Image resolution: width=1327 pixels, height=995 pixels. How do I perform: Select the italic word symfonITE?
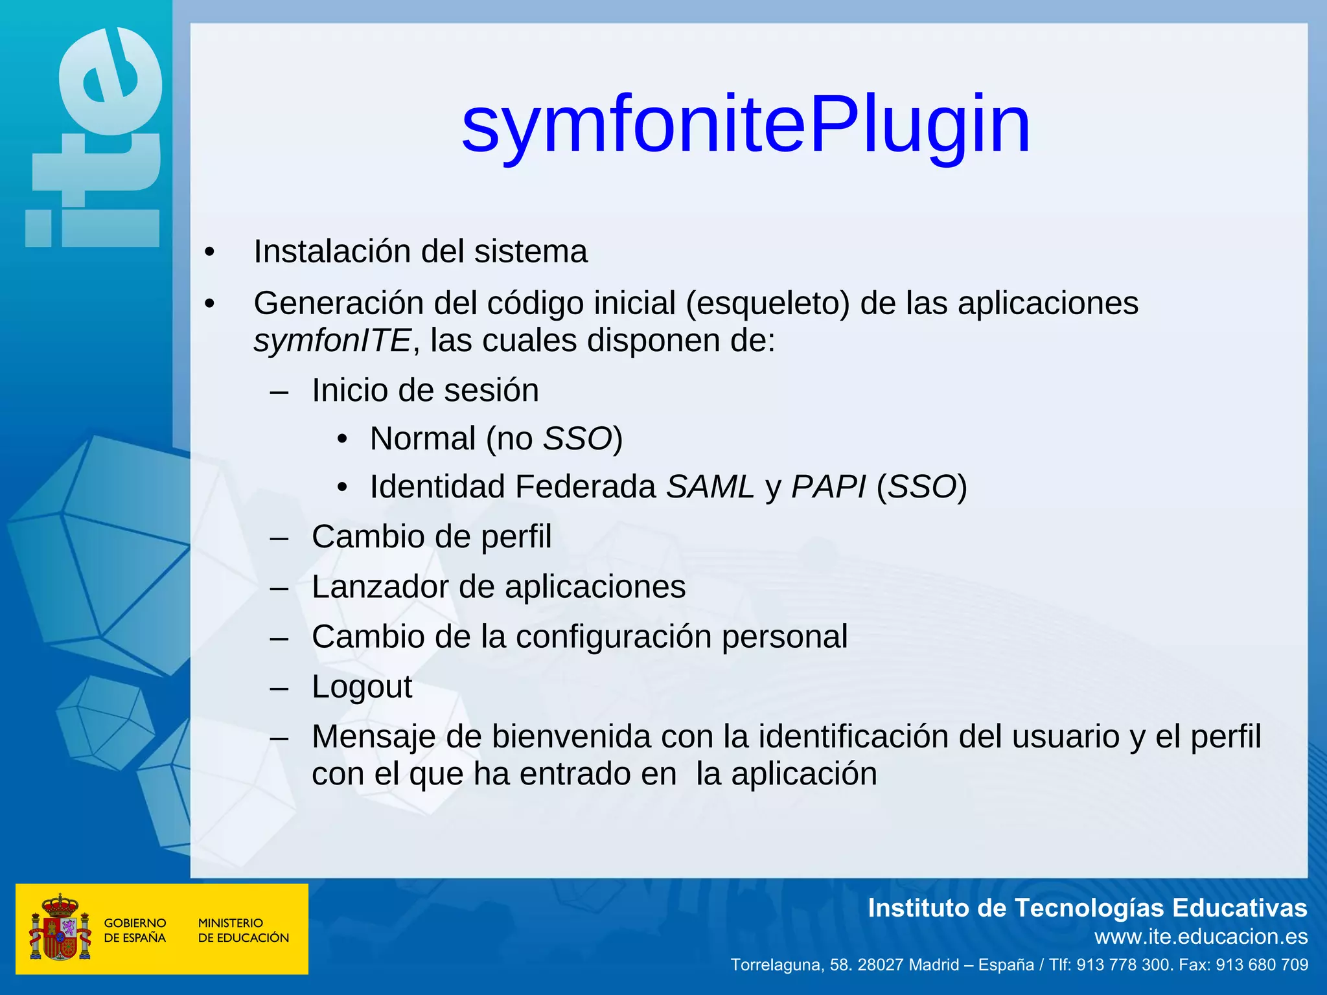332,341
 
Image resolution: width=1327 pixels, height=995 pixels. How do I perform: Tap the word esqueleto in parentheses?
767,304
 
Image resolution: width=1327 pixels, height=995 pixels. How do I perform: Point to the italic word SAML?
710,487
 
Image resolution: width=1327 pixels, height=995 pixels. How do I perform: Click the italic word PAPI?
828,487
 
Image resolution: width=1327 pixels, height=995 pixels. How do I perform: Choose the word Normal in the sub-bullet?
422,439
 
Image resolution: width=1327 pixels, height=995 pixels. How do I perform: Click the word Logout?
362,687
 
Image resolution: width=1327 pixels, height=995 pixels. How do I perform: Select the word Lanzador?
380,587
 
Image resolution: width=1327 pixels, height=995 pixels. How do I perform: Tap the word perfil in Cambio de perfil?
516,537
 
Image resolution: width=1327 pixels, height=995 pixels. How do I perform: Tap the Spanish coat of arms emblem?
59,928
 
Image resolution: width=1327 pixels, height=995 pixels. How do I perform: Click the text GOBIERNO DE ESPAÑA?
135,930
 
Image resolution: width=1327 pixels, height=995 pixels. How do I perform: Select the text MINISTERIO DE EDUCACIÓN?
243,930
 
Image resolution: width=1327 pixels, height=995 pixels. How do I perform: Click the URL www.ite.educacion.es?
1201,937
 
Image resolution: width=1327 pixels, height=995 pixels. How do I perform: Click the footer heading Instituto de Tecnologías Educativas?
1087,908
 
